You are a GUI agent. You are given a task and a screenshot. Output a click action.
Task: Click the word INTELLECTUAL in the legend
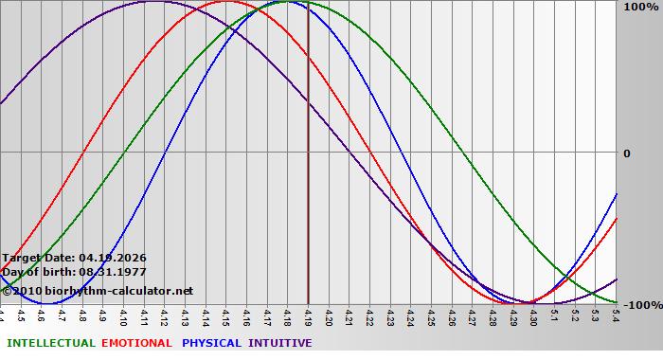tap(50, 343)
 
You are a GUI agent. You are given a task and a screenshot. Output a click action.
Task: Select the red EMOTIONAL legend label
tap(136, 343)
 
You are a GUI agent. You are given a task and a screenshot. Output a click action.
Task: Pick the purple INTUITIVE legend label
tap(280, 343)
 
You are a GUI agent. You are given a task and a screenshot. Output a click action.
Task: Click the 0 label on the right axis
tap(626, 153)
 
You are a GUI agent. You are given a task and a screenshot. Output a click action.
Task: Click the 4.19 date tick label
tap(308, 315)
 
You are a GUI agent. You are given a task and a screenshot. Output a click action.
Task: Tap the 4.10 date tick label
tap(124, 315)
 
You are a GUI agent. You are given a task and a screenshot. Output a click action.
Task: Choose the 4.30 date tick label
tap(533, 315)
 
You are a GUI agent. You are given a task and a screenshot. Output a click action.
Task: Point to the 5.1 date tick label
tap(554, 315)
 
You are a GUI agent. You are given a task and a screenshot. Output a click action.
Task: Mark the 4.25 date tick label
tap(431, 315)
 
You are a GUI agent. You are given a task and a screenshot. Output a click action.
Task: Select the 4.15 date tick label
tap(226, 315)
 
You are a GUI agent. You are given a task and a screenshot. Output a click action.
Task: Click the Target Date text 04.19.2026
tap(113, 258)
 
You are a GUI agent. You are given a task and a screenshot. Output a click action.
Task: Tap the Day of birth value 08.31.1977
tap(113, 272)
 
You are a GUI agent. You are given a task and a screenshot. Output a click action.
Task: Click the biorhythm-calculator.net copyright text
tap(104, 291)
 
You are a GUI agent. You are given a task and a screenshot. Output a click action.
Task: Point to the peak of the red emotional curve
tap(226, 2)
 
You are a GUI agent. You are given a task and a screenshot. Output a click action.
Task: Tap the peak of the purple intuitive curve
tap(154, 2)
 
